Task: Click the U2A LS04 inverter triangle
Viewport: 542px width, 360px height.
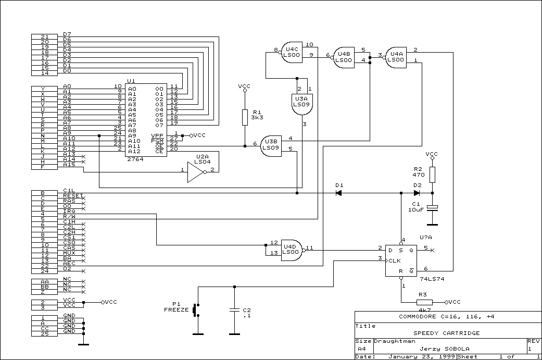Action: pyautogui.click(x=196, y=172)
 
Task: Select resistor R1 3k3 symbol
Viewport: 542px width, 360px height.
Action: pyautogui.click(x=245, y=118)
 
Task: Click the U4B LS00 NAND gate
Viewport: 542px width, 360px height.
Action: pyautogui.click(x=343, y=57)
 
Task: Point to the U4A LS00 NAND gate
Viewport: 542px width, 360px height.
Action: pyautogui.click(x=395, y=57)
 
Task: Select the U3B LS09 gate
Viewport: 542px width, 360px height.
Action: pyautogui.click(x=271, y=146)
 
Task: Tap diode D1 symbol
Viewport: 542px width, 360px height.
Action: pyautogui.click(x=339, y=193)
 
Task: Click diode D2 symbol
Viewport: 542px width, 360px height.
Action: pyautogui.click(x=417, y=193)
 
